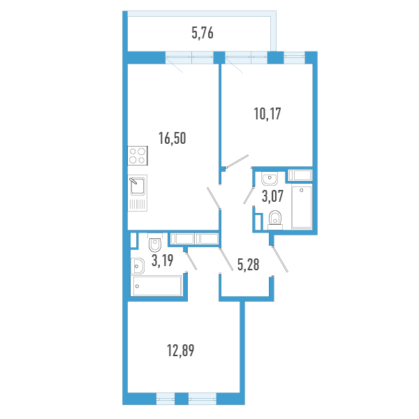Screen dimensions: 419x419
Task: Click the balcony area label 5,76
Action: click(203, 33)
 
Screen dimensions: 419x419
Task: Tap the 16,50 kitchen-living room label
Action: click(172, 138)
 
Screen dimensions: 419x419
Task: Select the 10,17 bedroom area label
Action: click(267, 114)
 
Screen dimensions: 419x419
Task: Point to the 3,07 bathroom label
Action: click(272, 196)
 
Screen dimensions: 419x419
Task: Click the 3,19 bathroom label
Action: click(163, 260)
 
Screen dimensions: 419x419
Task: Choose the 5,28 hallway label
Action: click(248, 265)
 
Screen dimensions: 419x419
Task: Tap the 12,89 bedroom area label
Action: click(181, 351)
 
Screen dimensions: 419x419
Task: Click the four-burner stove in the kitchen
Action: click(138, 156)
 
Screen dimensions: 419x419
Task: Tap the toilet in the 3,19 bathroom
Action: click(155, 242)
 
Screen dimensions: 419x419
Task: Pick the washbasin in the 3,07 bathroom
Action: click(270, 179)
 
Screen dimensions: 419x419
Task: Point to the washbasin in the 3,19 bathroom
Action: click(138, 266)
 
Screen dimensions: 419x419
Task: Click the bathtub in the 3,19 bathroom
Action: click(156, 286)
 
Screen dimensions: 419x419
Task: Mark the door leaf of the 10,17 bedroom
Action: click(237, 161)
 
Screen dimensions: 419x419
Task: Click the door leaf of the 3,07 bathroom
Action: click(249, 196)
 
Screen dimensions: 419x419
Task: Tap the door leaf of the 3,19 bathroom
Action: click(191, 260)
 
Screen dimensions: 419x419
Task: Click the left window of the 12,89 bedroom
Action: click(165, 399)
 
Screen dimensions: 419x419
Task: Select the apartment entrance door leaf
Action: click(280, 259)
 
